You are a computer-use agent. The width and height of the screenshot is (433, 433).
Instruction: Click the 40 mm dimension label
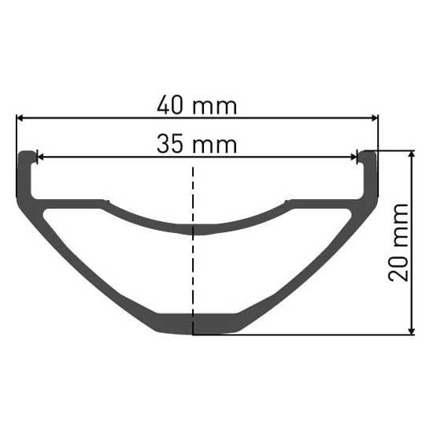pyautogui.click(x=197, y=105)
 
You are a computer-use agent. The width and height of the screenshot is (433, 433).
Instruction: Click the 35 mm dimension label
pyautogui.click(x=197, y=144)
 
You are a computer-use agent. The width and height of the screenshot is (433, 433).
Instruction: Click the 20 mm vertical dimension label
pyautogui.click(x=398, y=242)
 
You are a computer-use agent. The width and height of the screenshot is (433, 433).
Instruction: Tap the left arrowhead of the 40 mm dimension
pyautogui.click(x=20, y=118)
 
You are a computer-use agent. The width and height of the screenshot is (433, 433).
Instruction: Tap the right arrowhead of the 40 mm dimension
pyautogui.click(x=375, y=118)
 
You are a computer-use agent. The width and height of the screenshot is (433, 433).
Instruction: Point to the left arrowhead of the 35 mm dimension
pyautogui.click(x=40, y=157)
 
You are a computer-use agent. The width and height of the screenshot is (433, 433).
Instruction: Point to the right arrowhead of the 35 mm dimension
pyautogui.click(x=353, y=157)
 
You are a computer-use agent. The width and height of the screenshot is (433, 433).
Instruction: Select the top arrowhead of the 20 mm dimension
pyautogui.click(x=412, y=154)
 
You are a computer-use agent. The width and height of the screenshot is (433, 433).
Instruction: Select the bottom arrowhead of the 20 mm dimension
pyautogui.click(x=412, y=331)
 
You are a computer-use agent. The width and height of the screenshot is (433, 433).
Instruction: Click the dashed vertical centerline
pyautogui.click(x=193, y=250)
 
